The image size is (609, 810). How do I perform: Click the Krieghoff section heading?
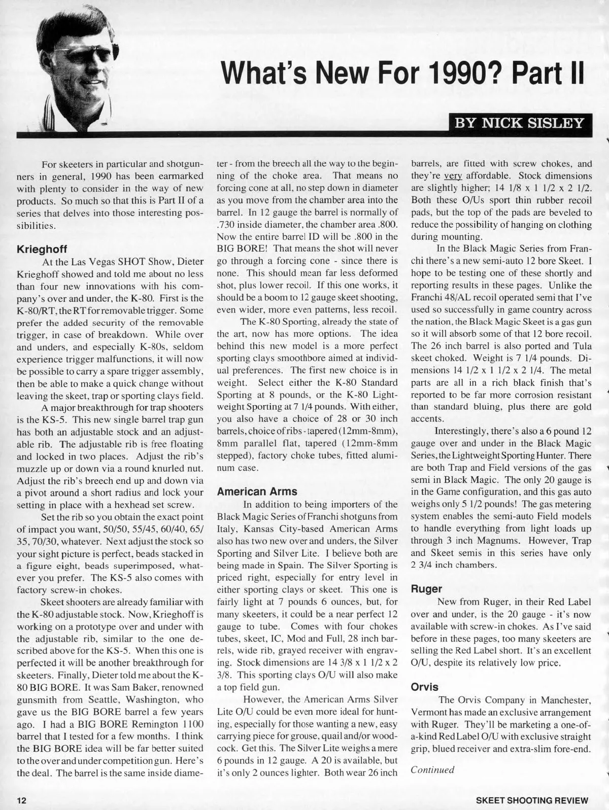[x=42, y=250]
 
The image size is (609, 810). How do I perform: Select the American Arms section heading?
[x=257, y=491]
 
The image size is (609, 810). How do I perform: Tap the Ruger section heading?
[x=426, y=589]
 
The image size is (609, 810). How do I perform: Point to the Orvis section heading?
[x=424, y=687]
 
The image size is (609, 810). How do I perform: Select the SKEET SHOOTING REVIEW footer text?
[x=532, y=800]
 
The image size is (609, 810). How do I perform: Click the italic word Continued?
[x=432, y=769]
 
